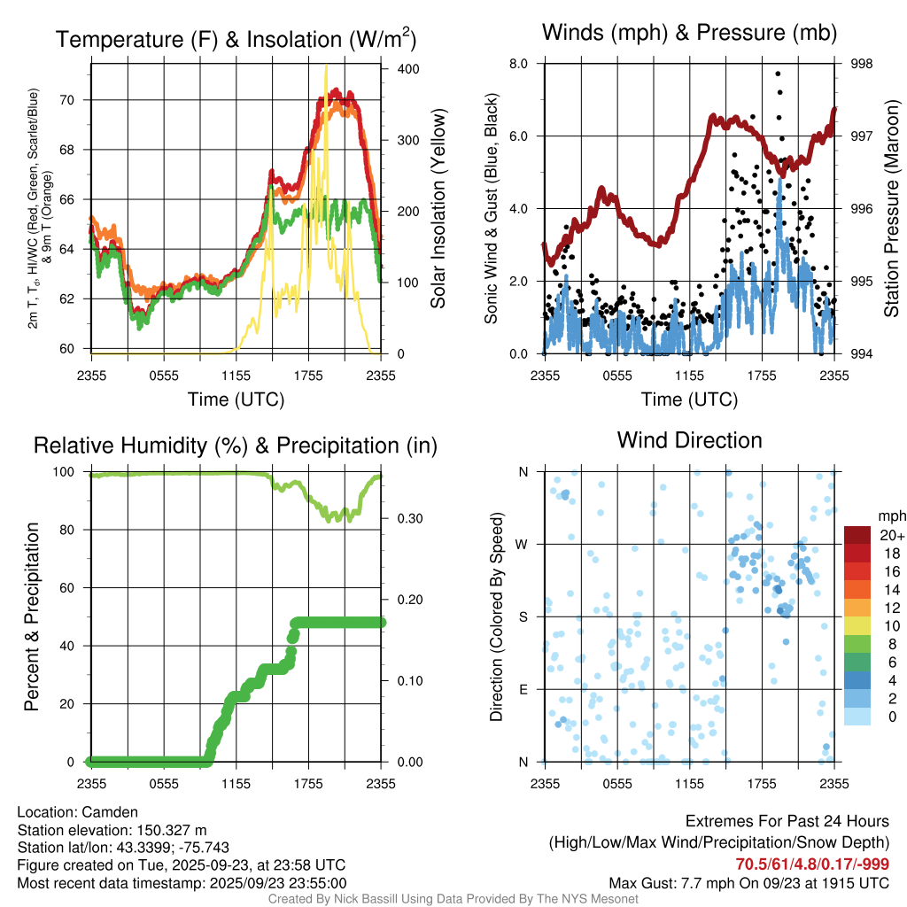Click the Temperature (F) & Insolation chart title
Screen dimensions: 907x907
236,39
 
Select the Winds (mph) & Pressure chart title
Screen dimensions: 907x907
689,34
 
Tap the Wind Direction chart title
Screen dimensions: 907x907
689,440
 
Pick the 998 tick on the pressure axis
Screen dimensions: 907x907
861,64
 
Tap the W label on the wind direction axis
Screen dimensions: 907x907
523,544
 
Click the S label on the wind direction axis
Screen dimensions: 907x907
523,616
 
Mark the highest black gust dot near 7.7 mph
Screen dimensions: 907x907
778,74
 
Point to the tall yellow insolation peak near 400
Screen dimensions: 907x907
326,67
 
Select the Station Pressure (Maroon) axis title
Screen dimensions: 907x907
892,208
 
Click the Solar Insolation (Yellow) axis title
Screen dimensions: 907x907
438,208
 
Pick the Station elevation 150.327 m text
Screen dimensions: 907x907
112,830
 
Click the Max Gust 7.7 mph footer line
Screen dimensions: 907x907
748,883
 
